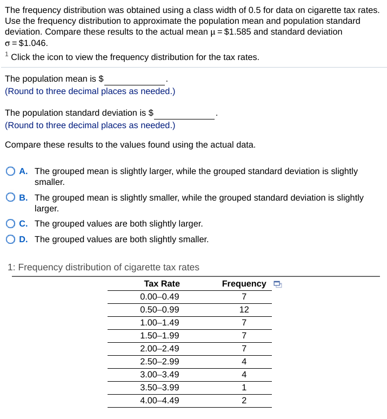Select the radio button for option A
11,171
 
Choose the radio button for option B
11,198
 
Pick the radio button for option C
11,224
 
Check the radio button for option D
11,240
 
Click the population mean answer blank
135,79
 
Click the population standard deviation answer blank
185,113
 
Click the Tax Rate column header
162,284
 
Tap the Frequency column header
244,284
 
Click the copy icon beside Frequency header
277,284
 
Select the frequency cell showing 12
244,310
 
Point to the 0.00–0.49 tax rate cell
159,297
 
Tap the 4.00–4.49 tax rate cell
159,401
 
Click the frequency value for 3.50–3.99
244,388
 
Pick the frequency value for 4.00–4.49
244,401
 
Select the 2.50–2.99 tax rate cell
159,362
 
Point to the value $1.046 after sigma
34,43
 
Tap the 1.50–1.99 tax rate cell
159,336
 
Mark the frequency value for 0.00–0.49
244,297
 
